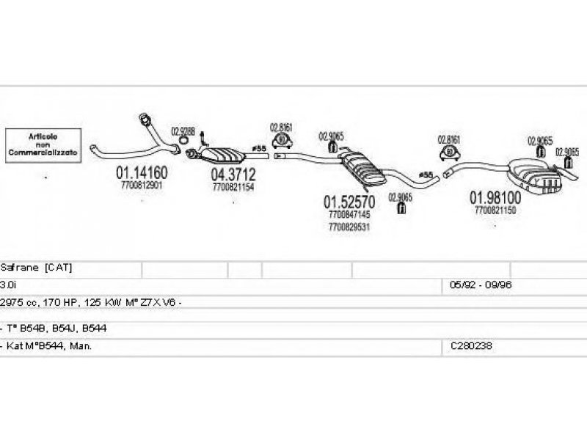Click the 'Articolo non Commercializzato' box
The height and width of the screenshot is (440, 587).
43,145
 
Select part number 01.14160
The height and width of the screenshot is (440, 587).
142,174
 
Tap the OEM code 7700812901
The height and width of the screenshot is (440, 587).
142,186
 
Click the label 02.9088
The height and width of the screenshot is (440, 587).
183,132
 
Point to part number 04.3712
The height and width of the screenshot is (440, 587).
233,175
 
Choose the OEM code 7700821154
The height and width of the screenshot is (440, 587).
233,188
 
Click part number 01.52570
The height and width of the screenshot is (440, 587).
349,201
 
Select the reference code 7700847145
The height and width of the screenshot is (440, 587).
350,215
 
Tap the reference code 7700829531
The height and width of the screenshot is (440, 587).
350,227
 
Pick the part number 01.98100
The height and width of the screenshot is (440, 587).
495,197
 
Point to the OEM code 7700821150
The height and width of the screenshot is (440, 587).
495,210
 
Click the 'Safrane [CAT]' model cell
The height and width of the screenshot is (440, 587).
37,268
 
